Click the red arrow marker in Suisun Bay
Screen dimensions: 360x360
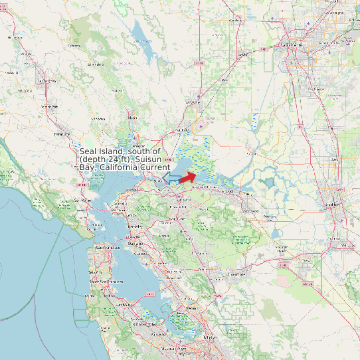(187, 176)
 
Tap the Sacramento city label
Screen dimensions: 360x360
(292, 45)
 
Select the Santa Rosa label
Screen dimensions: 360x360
(46, 80)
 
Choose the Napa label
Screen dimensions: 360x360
(132, 117)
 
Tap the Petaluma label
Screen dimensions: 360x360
(62, 133)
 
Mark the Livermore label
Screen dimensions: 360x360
(237, 273)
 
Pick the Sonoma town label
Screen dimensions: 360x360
(98, 118)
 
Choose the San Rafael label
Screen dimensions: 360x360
(82, 199)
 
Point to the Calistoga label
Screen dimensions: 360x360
(72, 46)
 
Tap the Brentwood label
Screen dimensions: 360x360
(270, 217)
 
